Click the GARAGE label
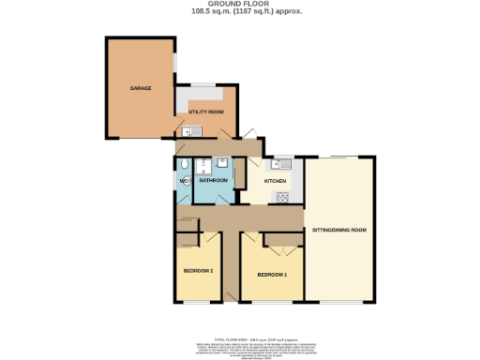point(127,88)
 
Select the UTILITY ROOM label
point(205,112)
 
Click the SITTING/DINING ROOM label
point(338,229)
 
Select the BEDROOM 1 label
point(271,274)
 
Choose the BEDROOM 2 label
point(198,271)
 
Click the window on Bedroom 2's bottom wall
point(197,303)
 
